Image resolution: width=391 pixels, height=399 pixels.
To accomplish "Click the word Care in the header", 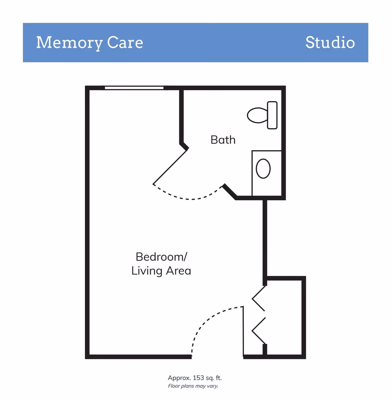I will point(125,43).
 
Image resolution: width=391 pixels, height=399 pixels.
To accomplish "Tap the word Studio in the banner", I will point(330,43).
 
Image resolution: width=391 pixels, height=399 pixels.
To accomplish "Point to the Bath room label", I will point(223,140).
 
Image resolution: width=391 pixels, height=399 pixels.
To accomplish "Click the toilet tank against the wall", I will point(272,115).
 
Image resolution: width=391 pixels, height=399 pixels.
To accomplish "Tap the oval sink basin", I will point(263,169).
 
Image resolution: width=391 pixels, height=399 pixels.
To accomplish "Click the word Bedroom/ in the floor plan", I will point(161,257).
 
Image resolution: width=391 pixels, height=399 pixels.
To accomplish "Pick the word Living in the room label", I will point(147,271).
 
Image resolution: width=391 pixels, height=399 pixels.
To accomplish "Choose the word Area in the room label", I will point(178,271).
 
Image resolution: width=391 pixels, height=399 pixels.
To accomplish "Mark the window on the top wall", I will point(134,88).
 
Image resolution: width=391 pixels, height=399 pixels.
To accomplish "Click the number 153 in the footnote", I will point(198,378).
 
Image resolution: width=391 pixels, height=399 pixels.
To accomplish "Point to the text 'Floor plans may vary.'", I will point(193,386).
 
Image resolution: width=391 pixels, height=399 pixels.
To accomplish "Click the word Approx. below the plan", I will point(179,378).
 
